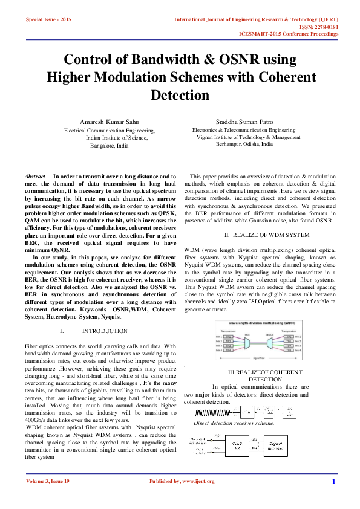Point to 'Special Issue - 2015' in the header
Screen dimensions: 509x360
click(x=48, y=20)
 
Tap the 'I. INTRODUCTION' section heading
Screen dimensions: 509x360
click(x=97, y=331)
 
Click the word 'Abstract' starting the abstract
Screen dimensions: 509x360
click(x=38, y=175)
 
